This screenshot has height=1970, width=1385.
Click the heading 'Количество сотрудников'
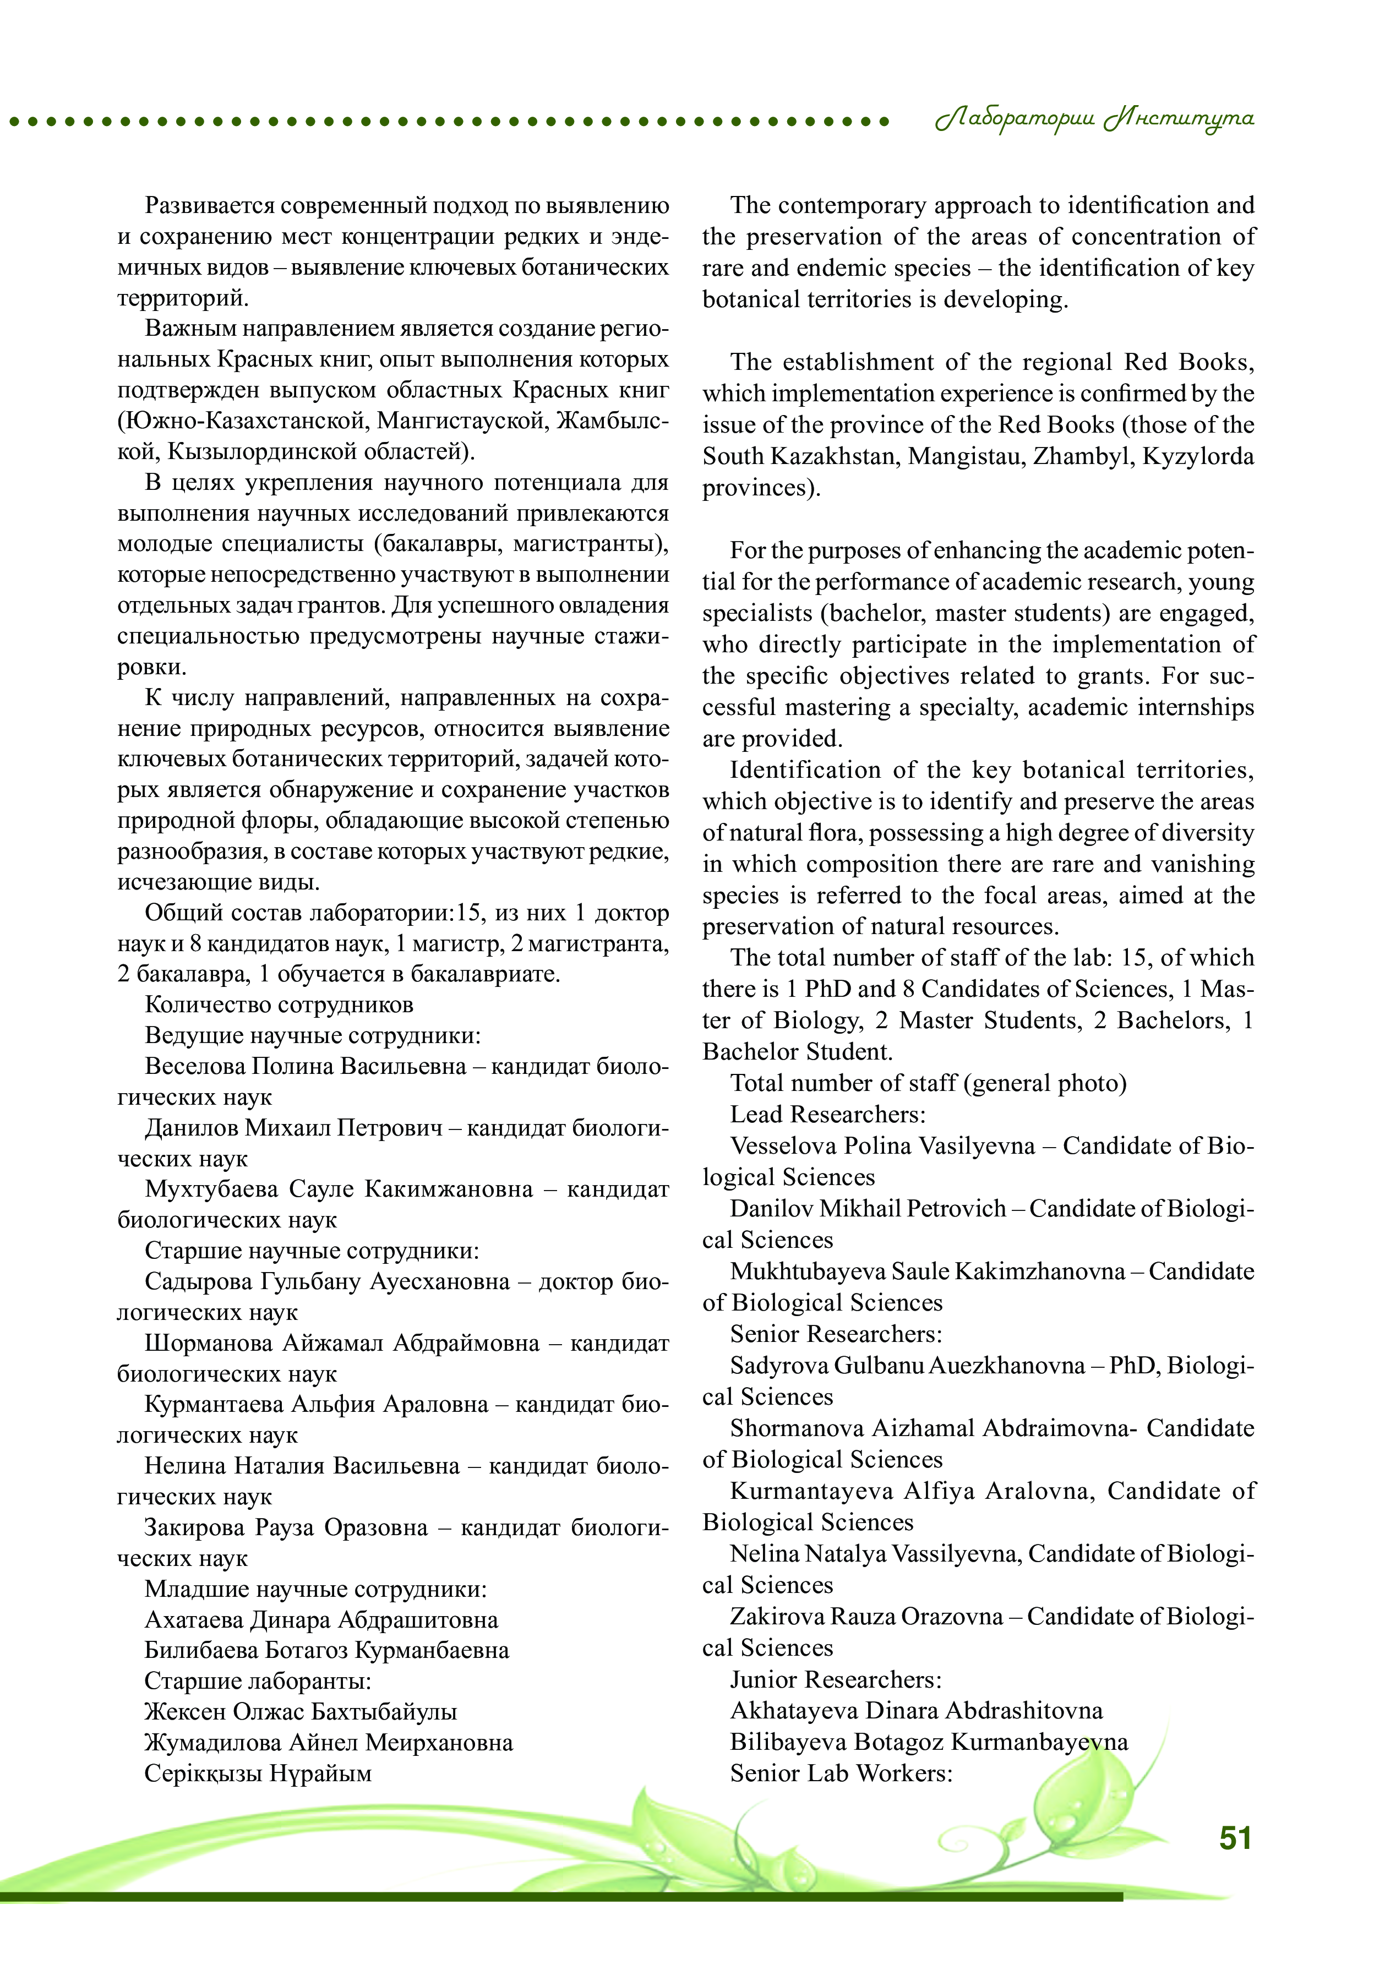click(x=279, y=1005)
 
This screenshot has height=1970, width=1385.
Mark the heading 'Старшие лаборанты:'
click(x=258, y=1681)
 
